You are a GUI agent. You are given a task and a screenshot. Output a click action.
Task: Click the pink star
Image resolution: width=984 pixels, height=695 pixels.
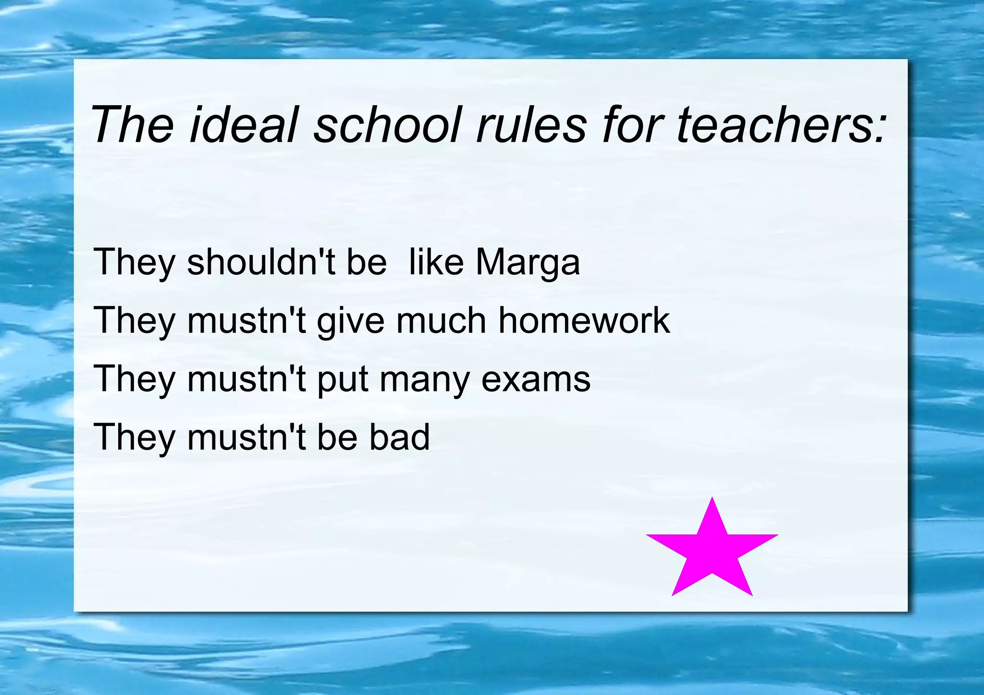712,552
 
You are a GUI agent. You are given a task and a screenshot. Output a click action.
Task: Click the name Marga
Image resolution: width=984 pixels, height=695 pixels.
528,263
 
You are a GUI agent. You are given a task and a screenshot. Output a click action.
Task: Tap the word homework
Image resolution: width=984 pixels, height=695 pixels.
584,320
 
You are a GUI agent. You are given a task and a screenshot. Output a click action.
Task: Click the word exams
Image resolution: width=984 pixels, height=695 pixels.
536,379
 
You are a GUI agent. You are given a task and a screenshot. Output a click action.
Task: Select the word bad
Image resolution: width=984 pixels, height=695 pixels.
399,437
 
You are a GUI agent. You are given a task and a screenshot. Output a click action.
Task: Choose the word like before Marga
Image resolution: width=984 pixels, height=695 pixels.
436,262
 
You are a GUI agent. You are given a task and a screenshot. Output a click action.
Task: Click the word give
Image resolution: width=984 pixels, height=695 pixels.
351,321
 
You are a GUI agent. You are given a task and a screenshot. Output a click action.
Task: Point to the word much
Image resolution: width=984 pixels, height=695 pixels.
441,320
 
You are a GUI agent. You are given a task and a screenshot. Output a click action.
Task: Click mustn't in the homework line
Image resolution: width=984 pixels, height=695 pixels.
246,320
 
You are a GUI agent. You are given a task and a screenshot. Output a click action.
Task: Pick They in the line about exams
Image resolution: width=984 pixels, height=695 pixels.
135,379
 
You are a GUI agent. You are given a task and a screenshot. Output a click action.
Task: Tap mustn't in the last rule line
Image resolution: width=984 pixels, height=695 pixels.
246,437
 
